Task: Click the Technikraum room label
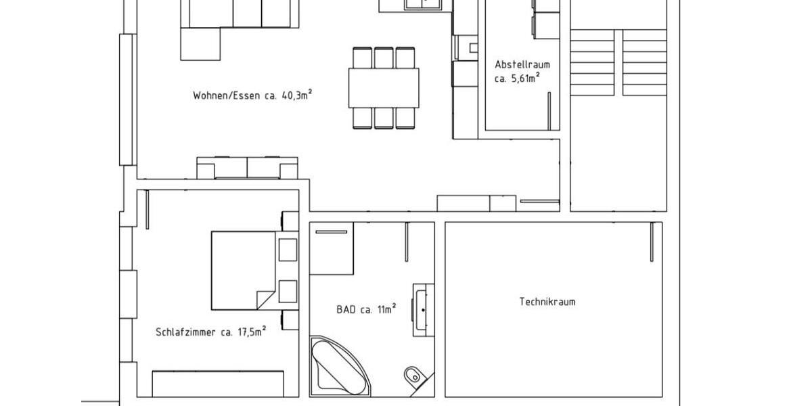click(x=547, y=302)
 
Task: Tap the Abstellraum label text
click(x=522, y=65)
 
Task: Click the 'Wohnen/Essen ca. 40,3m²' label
click(x=252, y=95)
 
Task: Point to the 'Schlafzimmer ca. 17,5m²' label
click(x=210, y=332)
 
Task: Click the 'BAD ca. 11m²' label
click(x=365, y=310)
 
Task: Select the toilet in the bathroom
click(x=411, y=376)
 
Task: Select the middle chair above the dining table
click(x=384, y=57)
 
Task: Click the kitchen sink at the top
click(x=423, y=4)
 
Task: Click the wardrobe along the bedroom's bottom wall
click(x=217, y=383)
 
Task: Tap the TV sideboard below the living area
click(x=247, y=167)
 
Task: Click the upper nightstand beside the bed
click(x=288, y=248)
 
